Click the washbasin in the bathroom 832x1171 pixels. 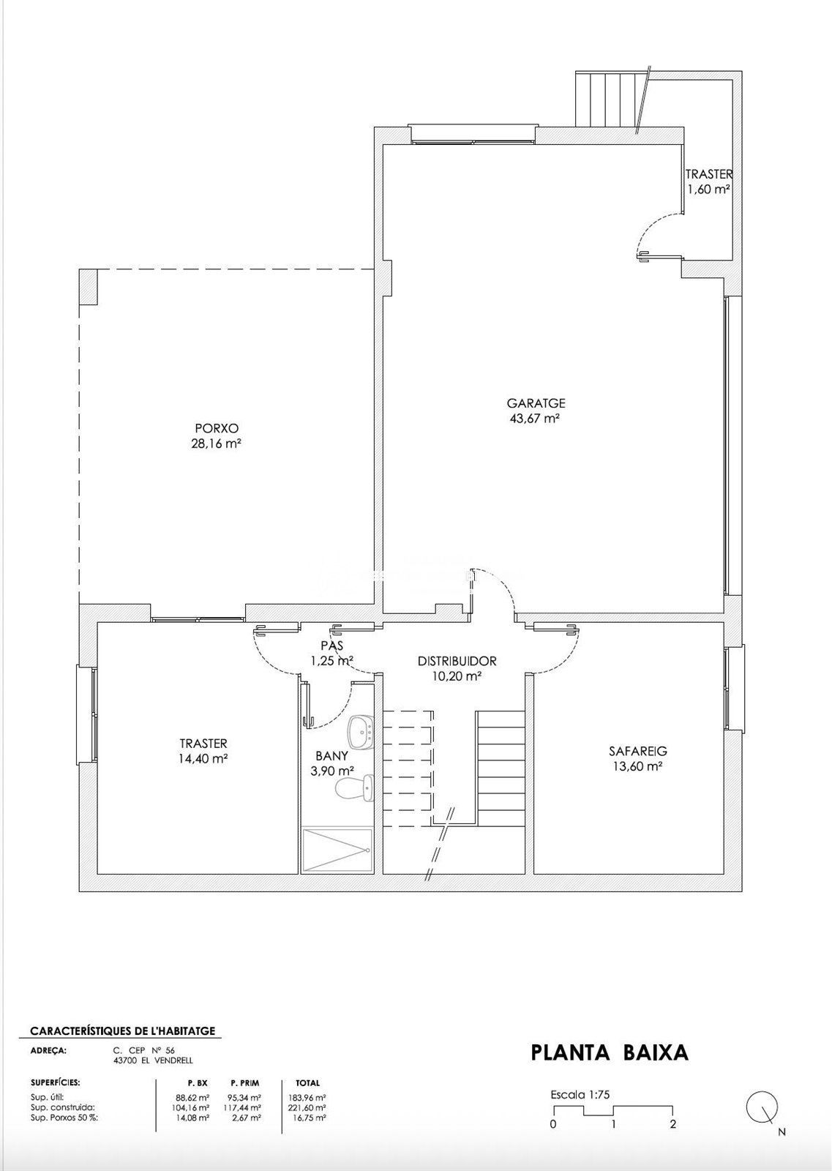[360, 732]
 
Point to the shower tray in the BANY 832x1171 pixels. [337, 850]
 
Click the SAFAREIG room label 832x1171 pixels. [637, 751]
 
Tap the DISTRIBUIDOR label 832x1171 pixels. [457, 662]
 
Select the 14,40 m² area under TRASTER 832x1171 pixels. [203, 758]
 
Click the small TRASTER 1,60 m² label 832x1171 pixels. [708, 182]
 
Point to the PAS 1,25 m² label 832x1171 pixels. [332, 653]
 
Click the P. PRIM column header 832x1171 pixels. [244, 1082]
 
